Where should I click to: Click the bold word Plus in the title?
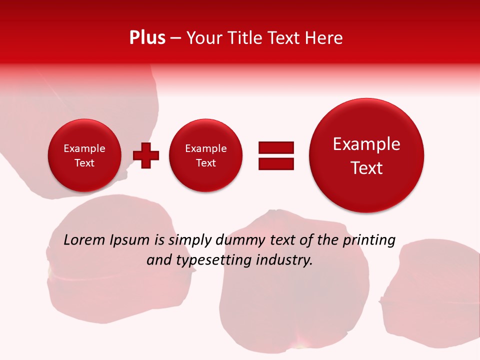point(147,38)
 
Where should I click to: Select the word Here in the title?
point(325,38)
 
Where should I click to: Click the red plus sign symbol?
point(146,155)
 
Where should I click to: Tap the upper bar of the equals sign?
point(276,147)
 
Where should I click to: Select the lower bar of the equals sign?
point(276,163)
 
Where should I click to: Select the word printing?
point(369,240)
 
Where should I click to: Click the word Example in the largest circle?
point(366,144)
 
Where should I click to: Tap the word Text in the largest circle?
point(366,168)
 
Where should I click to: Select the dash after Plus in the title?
point(175,38)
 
